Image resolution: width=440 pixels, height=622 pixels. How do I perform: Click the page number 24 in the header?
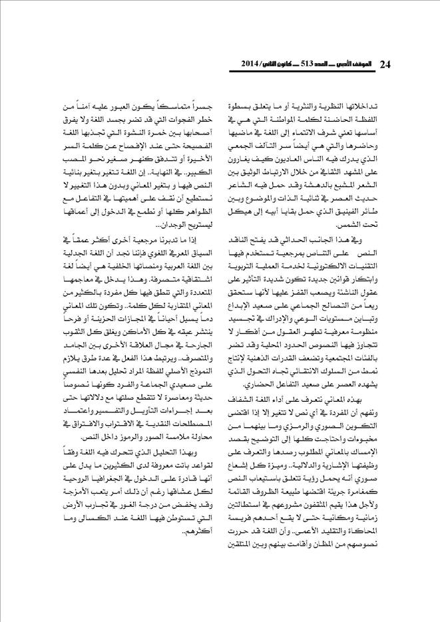coord(385,64)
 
